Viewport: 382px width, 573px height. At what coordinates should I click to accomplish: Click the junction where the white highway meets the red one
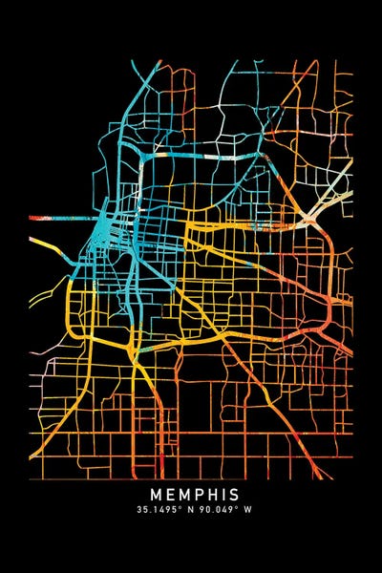pyautogui.click(x=311, y=222)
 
